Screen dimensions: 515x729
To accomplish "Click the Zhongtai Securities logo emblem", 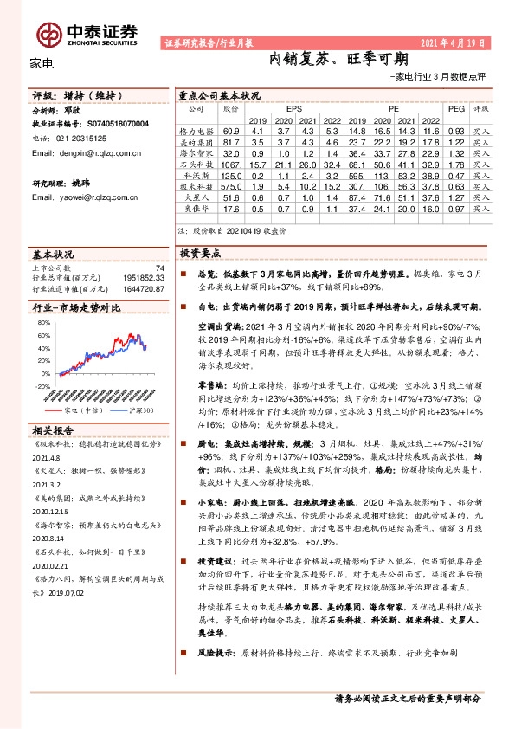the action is click(48, 33).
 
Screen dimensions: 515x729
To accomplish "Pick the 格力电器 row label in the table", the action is click(195, 130).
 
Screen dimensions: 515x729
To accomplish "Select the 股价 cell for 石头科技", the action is click(230, 164).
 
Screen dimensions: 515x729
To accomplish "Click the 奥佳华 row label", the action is click(195, 209).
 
